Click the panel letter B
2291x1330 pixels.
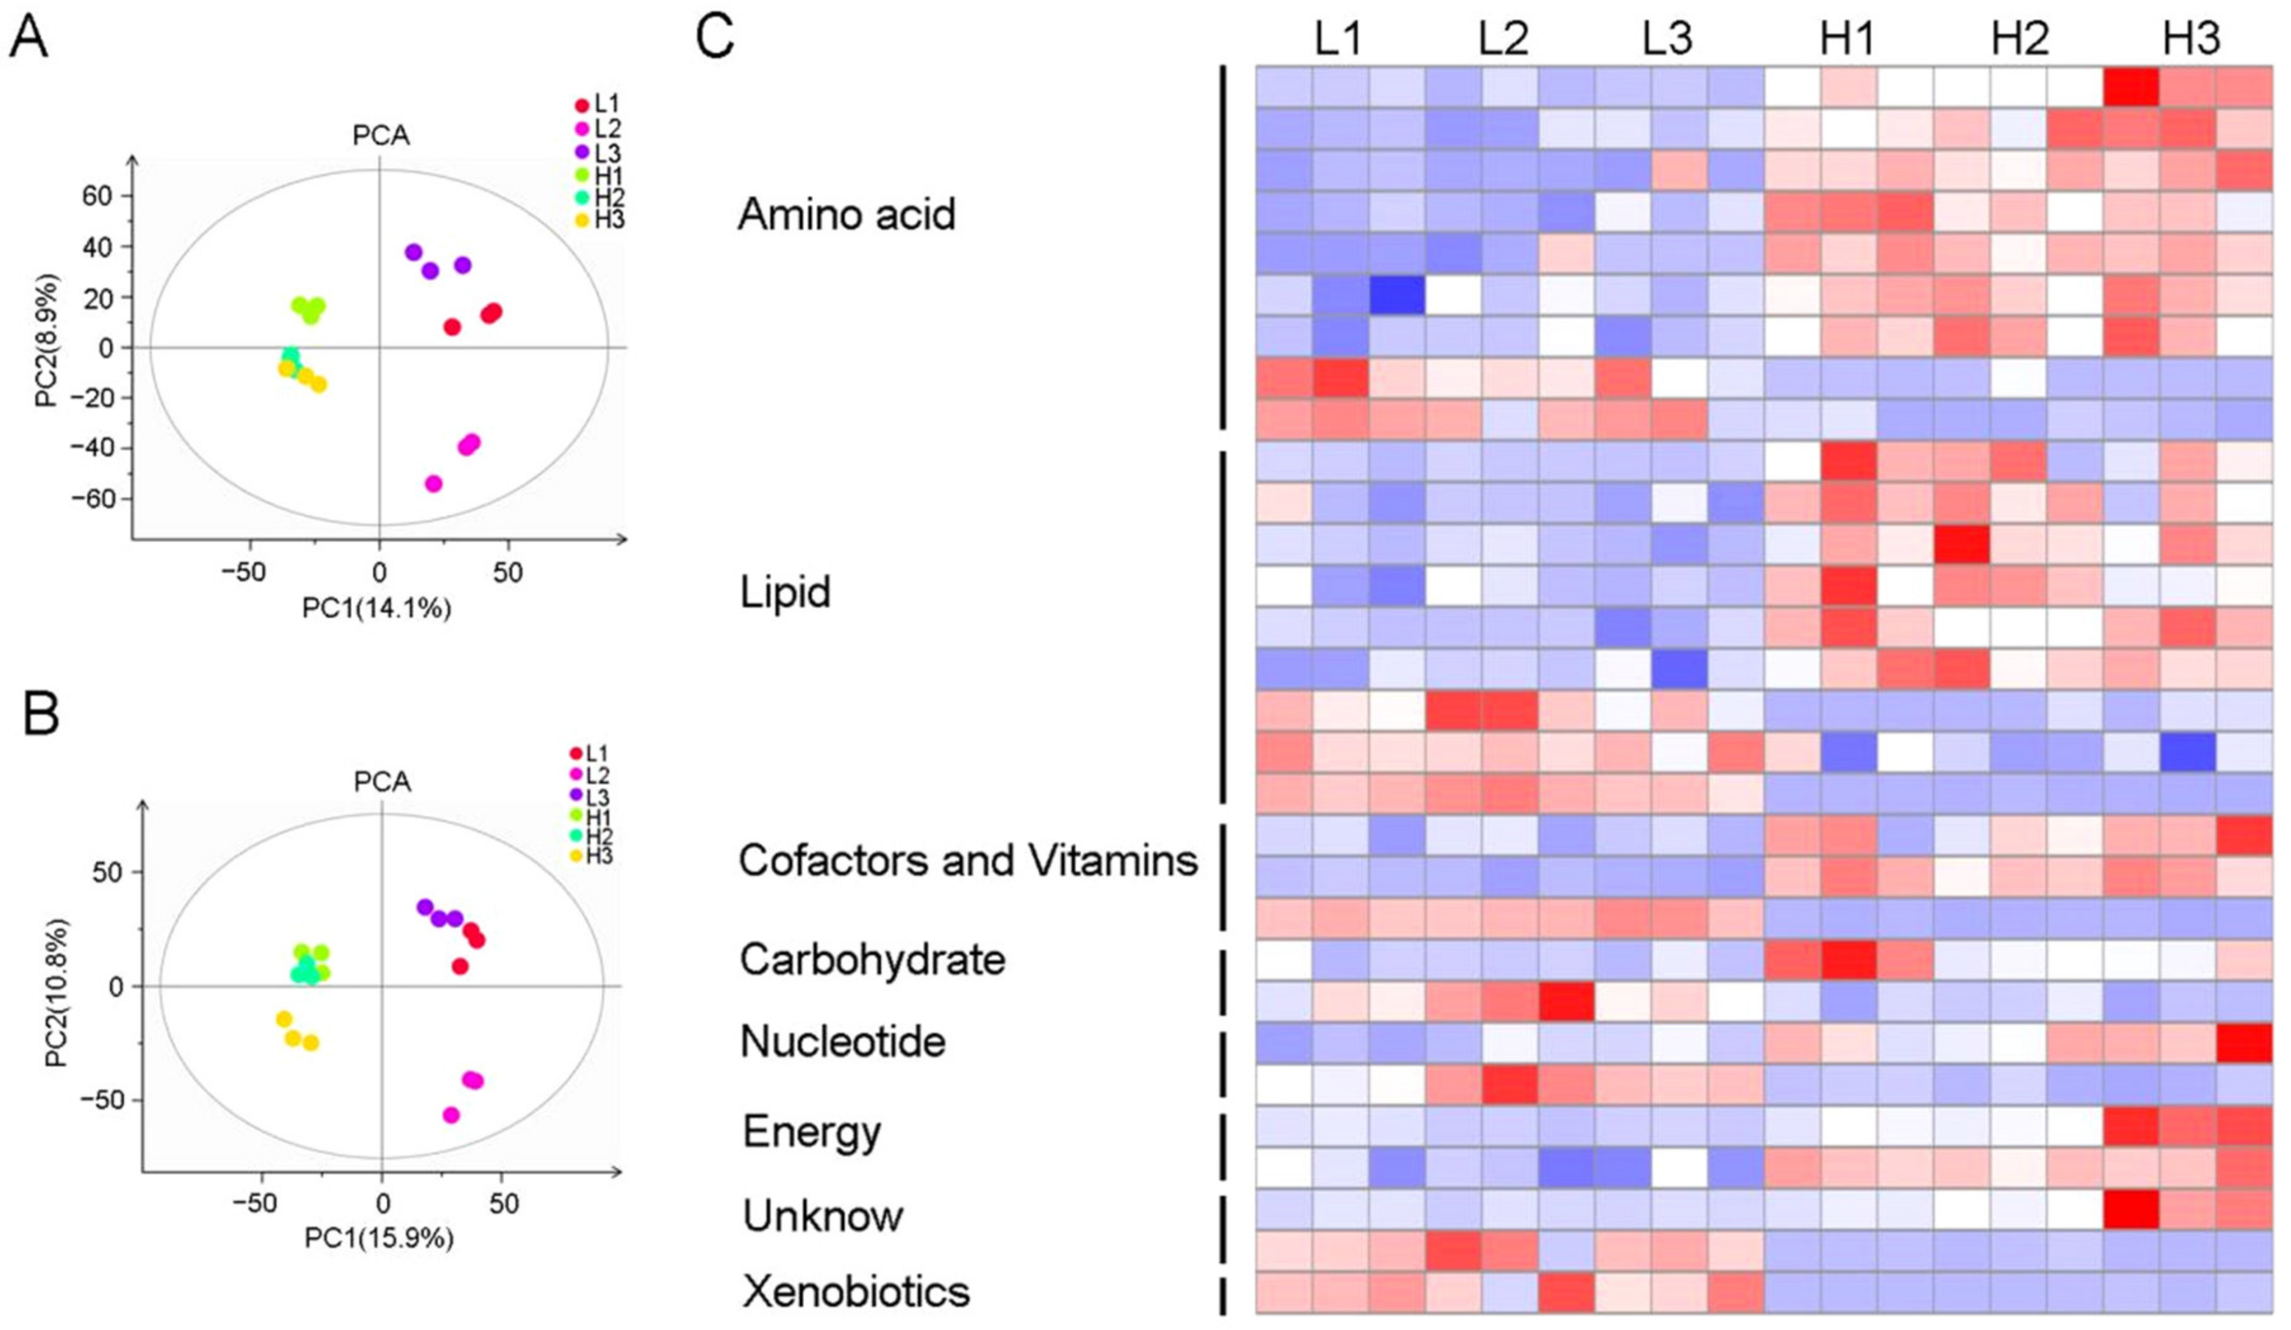[41, 715]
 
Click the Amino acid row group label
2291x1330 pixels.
[846, 215]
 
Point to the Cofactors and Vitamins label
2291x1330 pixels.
[968, 860]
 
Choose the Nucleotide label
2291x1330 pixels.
[842, 1041]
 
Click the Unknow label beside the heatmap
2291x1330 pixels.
[823, 1216]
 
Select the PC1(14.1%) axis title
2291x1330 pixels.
[376, 608]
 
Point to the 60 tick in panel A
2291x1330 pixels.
[95, 196]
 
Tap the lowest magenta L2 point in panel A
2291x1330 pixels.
[434, 483]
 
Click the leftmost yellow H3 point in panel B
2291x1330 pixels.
[283, 1019]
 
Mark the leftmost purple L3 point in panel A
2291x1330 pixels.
[414, 252]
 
